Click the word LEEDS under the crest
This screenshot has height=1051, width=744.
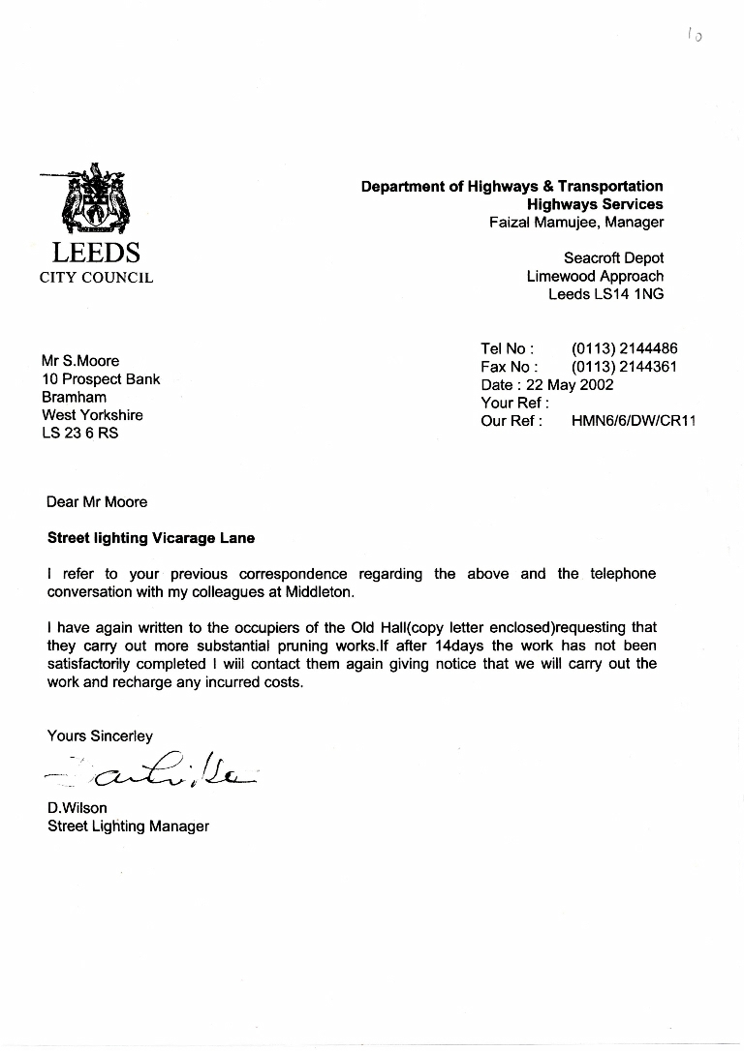tap(96, 254)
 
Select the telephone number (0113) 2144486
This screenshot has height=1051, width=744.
tap(624, 348)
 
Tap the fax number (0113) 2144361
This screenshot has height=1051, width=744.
tap(624, 367)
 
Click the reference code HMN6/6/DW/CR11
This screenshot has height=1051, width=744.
tap(634, 421)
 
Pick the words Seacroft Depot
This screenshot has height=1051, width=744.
tap(613, 258)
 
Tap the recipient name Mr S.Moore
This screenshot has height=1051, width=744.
tap(80, 361)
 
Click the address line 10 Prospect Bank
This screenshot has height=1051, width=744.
tap(101, 379)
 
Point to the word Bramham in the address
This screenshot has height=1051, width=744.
tap(74, 397)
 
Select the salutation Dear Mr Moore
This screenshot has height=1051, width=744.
tap(97, 501)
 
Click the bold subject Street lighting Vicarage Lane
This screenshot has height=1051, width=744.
tap(151, 538)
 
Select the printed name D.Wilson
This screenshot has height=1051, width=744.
tap(77, 808)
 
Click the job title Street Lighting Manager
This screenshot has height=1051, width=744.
tap(128, 826)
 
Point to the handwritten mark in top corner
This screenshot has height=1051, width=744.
tap(694, 36)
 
